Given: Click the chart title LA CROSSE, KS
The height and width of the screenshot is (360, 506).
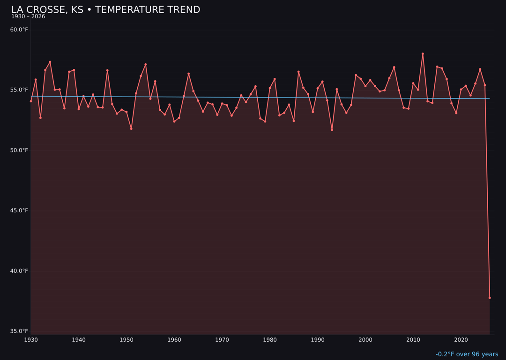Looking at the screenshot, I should click(x=105, y=10).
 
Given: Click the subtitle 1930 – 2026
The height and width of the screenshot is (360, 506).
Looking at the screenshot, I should click(x=28, y=17).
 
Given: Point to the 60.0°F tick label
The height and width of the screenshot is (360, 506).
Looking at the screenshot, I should click(x=19, y=30).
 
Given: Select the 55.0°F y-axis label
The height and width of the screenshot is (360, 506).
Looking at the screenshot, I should click(x=19, y=90).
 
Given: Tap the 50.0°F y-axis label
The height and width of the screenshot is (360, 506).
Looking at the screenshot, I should click(x=19, y=150).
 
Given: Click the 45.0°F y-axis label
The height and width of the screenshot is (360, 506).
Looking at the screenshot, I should click(x=19, y=210).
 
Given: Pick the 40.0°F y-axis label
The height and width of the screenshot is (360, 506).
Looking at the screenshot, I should click(x=19, y=271).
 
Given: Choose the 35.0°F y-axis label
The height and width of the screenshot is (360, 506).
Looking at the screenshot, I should click(x=19, y=331).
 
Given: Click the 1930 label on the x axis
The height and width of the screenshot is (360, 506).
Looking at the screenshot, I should click(x=31, y=340).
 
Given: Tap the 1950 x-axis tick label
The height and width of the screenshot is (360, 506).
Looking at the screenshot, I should click(x=126, y=340).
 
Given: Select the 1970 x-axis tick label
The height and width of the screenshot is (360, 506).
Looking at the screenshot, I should click(x=222, y=340).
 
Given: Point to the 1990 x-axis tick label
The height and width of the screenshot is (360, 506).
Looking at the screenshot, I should click(x=318, y=340).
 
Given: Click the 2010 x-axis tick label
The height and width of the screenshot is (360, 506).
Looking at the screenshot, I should click(x=413, y=340).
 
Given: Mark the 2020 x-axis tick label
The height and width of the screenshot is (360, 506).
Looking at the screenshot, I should click(x=461, y=340).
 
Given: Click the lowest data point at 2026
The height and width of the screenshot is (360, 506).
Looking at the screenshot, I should click(x=490, y=298).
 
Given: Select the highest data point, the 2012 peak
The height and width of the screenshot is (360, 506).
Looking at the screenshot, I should click(x=423, y=54).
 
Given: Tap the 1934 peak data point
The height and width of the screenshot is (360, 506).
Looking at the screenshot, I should click(x=50, y=62).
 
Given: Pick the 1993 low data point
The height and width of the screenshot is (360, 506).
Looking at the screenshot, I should click(x=332, y=130).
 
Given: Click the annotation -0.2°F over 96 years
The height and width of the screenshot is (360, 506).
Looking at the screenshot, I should click(x=467, y=354).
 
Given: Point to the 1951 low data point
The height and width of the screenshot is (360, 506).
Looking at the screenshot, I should click(x=131, y=128).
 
